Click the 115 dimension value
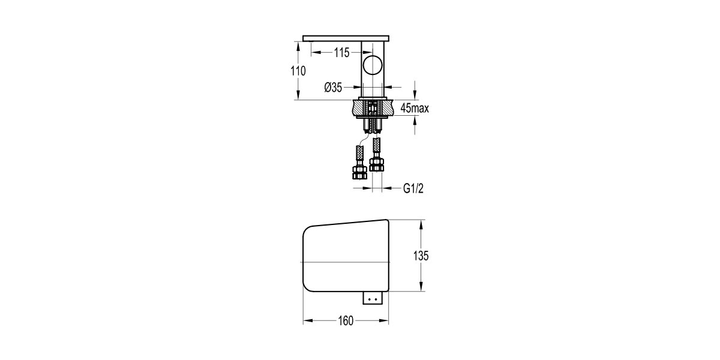(x=341, y=53)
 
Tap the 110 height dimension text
(x=298, y=71)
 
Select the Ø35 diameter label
(x=332, y=88)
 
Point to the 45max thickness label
(x=414, y=109)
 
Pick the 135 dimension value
(x=421, y=256)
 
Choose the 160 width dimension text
(x=345, y=320)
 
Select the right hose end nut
(x=377, y=163)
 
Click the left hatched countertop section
(x=359, y=109)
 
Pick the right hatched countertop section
(x=387, y=109)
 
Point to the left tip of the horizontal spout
(x=305, y=38)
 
